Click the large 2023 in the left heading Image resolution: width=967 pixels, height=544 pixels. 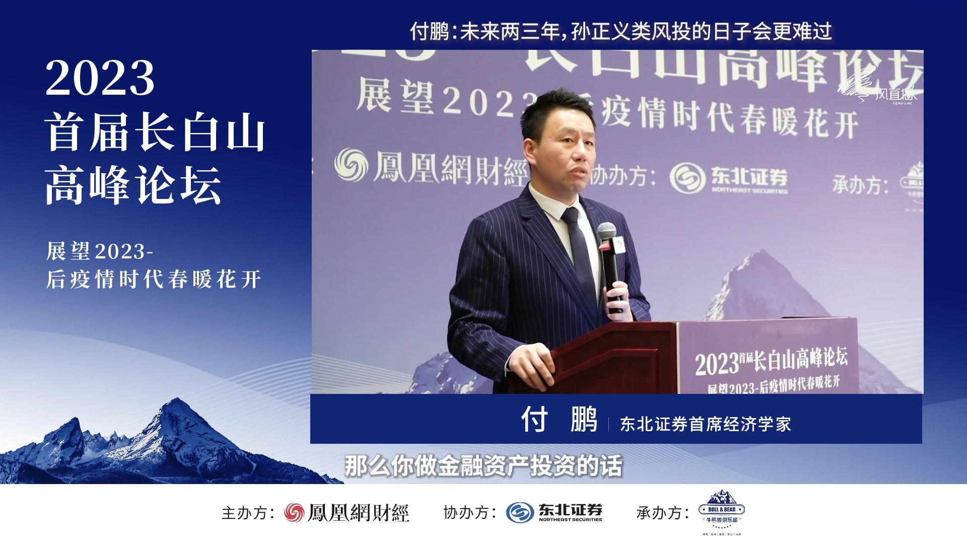point(100,78)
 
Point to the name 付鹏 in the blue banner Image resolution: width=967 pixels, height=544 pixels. point(559,419)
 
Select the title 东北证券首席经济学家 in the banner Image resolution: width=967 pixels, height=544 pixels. point(705,424)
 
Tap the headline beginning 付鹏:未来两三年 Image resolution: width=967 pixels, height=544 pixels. point(620,31)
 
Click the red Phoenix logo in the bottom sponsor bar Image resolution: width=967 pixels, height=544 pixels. point(294,513)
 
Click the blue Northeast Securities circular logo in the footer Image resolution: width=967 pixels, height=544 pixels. point(519,513)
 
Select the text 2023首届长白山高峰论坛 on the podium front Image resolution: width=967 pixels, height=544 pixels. point(771,360)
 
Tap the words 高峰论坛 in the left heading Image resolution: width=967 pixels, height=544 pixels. point(133,185)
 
